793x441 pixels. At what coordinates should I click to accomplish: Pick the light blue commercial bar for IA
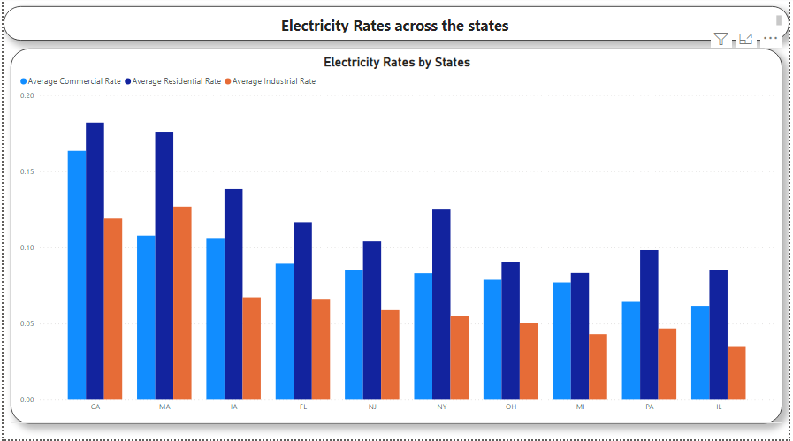[x=215, y=318]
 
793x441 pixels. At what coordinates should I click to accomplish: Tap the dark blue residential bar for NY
[x=441, y=304]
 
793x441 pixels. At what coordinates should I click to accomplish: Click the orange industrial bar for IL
[x=736, y=372]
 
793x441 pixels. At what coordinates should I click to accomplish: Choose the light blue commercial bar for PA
[x=630, y=350]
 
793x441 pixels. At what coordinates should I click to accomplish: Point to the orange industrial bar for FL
[x=320, y=348]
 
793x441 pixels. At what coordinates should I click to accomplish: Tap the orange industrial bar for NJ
[x=389, y=354]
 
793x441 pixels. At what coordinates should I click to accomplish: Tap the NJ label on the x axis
[x=372, y=407]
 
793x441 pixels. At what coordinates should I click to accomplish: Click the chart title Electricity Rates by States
[x=397, y=63]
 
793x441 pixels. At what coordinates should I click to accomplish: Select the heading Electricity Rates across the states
[x=394, y=26]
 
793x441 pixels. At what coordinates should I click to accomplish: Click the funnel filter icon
[x=721, y=39]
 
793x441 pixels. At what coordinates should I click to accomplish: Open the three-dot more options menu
[x=770, y=39]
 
